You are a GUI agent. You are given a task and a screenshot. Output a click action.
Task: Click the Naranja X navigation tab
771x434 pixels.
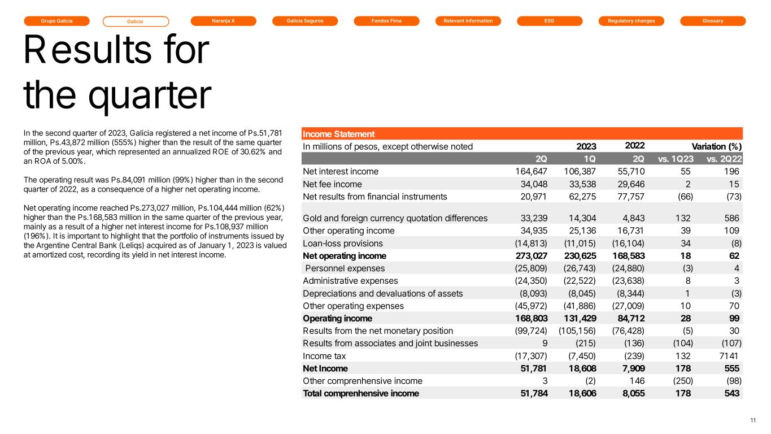pos(223,21)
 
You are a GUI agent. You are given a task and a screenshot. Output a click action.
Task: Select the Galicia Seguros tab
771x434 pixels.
pos(304,21)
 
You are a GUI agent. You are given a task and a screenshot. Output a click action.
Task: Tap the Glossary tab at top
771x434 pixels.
pos(713,21)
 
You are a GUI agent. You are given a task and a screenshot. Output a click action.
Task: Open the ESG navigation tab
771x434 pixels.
pos(549,21)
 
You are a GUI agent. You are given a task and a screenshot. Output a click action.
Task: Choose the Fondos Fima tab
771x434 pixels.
pos(386,21)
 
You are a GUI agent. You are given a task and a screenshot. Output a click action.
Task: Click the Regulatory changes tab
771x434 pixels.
pos(631,21)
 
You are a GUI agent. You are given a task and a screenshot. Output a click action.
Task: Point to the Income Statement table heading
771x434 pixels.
pos(339,134)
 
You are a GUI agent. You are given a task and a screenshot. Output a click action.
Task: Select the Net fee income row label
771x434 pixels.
pos(332,184)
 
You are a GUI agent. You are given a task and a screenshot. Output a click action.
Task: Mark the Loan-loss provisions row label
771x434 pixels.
pos(343,244)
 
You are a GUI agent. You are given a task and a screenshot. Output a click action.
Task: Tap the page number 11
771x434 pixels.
pos(752,420)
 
